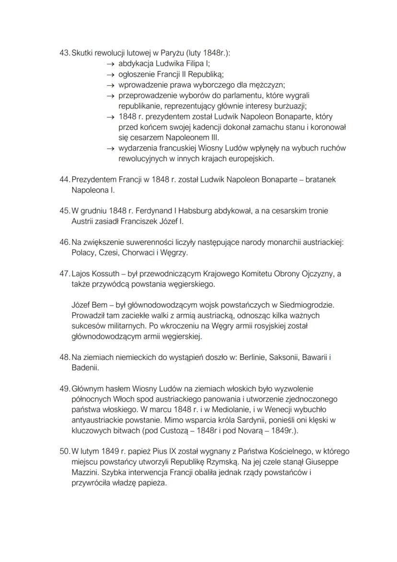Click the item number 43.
(64, 53)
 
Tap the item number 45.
(64, 211)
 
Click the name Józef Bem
(90, 305)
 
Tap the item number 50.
(64, 452)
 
